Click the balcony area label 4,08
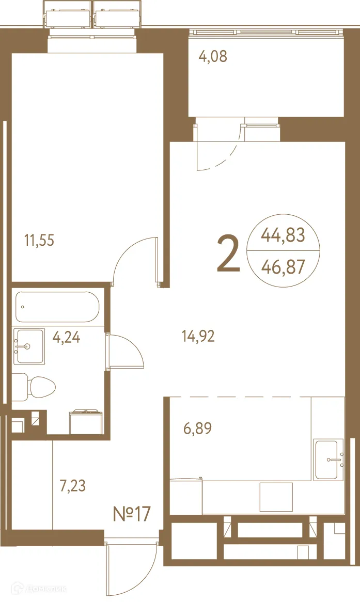(213, 56)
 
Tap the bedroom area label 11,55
(39, 240)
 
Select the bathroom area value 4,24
(67, 338)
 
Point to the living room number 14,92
(198, 337)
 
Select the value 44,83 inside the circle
(283, 236)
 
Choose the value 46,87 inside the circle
(283, 267)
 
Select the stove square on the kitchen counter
(276, 497)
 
